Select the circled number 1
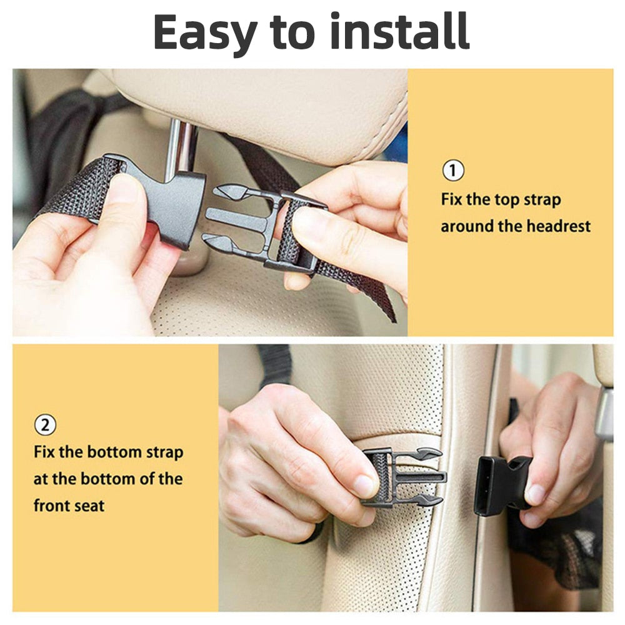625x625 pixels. click(x=453, y=171)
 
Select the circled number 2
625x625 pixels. click(x=44, y=425)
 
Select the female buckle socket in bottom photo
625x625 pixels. click(x=494, y=484)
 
